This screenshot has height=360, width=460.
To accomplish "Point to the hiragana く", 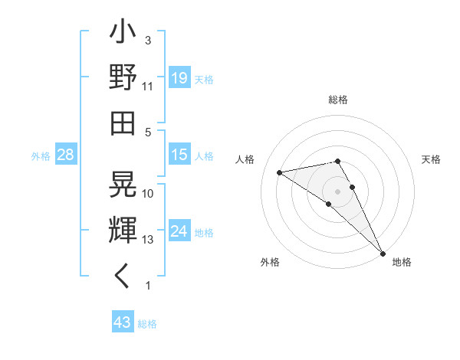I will tap(123, 277).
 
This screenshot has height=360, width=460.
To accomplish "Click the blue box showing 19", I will tap(179, 78).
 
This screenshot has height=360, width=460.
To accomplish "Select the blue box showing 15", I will tap(179, 155).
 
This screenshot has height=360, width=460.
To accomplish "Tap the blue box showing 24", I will tap(179, 231).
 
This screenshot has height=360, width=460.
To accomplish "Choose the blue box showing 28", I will tap(66, 155).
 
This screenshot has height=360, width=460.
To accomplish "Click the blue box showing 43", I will tap(123, 322).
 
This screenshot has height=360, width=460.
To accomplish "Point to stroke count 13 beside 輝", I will tap(149, 240).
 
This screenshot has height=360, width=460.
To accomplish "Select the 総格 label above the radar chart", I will tap(338, 100).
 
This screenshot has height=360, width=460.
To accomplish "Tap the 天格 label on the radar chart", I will tap(432, 159).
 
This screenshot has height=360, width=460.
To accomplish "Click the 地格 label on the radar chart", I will tap(402, 262).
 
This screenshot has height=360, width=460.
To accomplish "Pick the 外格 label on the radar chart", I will tap(270, 262).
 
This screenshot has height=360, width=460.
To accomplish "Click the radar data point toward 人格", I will tap(280, 172).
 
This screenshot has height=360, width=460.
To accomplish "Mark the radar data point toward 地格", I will tap(382, 252).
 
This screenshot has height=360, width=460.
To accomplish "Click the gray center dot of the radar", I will tap(338, 191).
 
